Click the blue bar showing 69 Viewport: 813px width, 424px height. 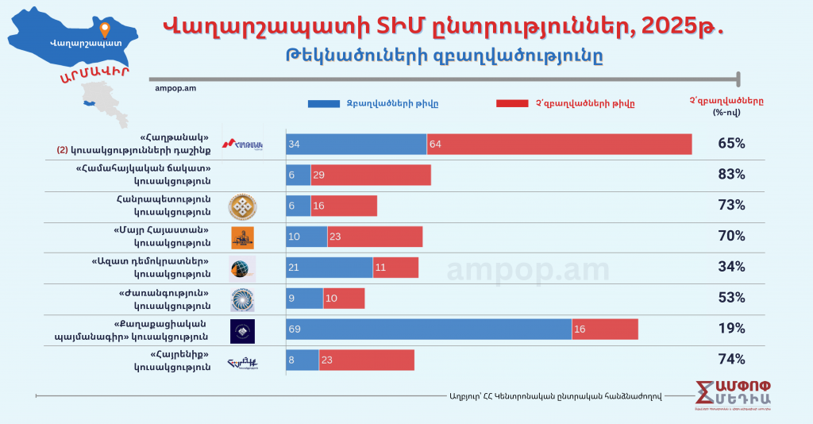[x=429, y=329]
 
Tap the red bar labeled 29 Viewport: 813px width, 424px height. [x=370, y=175]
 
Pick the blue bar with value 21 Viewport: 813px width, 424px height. [x=329, y=267]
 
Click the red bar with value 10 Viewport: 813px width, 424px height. [x=344, y=298]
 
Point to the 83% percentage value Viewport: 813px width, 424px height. [x=730, y=175]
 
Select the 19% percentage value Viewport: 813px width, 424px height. [x=730, y=329]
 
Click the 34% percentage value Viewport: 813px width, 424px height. [x=730, y=267]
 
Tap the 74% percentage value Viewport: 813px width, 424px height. [x=730, y=359]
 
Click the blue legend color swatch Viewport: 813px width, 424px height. [x=322, y=103]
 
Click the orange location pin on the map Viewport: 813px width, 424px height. [x=103, y=30]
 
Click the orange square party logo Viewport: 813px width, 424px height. [x=242, y=237]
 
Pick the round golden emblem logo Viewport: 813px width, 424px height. [x=241, y=206]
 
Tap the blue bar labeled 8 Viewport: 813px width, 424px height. [x=302, y=360]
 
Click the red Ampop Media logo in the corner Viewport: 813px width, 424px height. [x=743, y=397]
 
